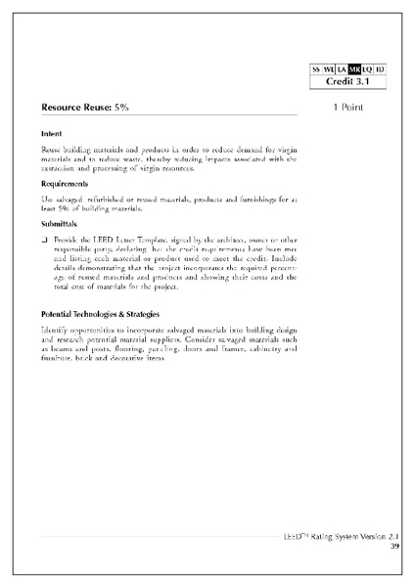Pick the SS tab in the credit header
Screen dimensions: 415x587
(x=316, y=69)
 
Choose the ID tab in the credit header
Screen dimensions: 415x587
(x=379, y=69)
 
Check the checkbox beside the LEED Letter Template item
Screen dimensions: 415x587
(x=45, y=240)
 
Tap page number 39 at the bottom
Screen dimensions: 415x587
(x=394, y=546)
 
